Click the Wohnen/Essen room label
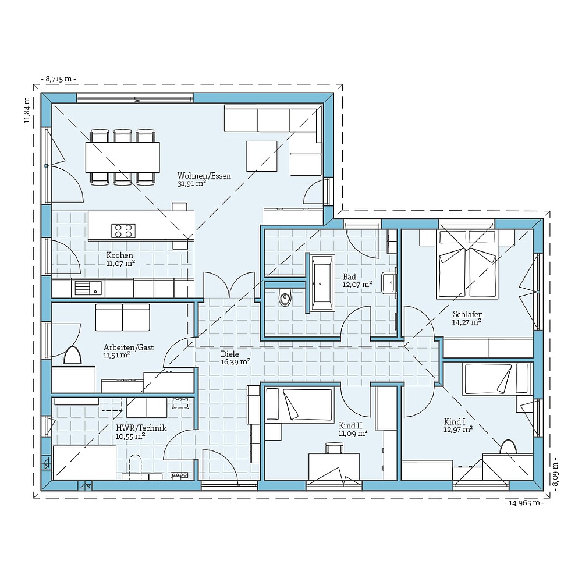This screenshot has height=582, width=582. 204,176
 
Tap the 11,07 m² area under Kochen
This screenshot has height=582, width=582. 120,263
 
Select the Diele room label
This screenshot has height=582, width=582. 230,354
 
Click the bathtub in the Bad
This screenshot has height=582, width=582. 322,282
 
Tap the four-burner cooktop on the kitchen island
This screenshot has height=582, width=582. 123,230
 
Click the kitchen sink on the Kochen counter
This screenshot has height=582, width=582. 88,288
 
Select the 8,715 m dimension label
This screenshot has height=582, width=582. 59,79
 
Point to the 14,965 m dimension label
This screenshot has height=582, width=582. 523,503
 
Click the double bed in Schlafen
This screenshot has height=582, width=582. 467,264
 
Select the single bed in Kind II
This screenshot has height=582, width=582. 299,404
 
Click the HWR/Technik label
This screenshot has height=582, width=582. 141,428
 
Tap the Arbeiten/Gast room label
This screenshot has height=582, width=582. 129,347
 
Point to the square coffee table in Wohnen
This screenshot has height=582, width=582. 262,156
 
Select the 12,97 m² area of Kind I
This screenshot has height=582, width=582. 458,430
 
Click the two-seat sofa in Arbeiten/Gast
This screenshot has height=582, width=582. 122,317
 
